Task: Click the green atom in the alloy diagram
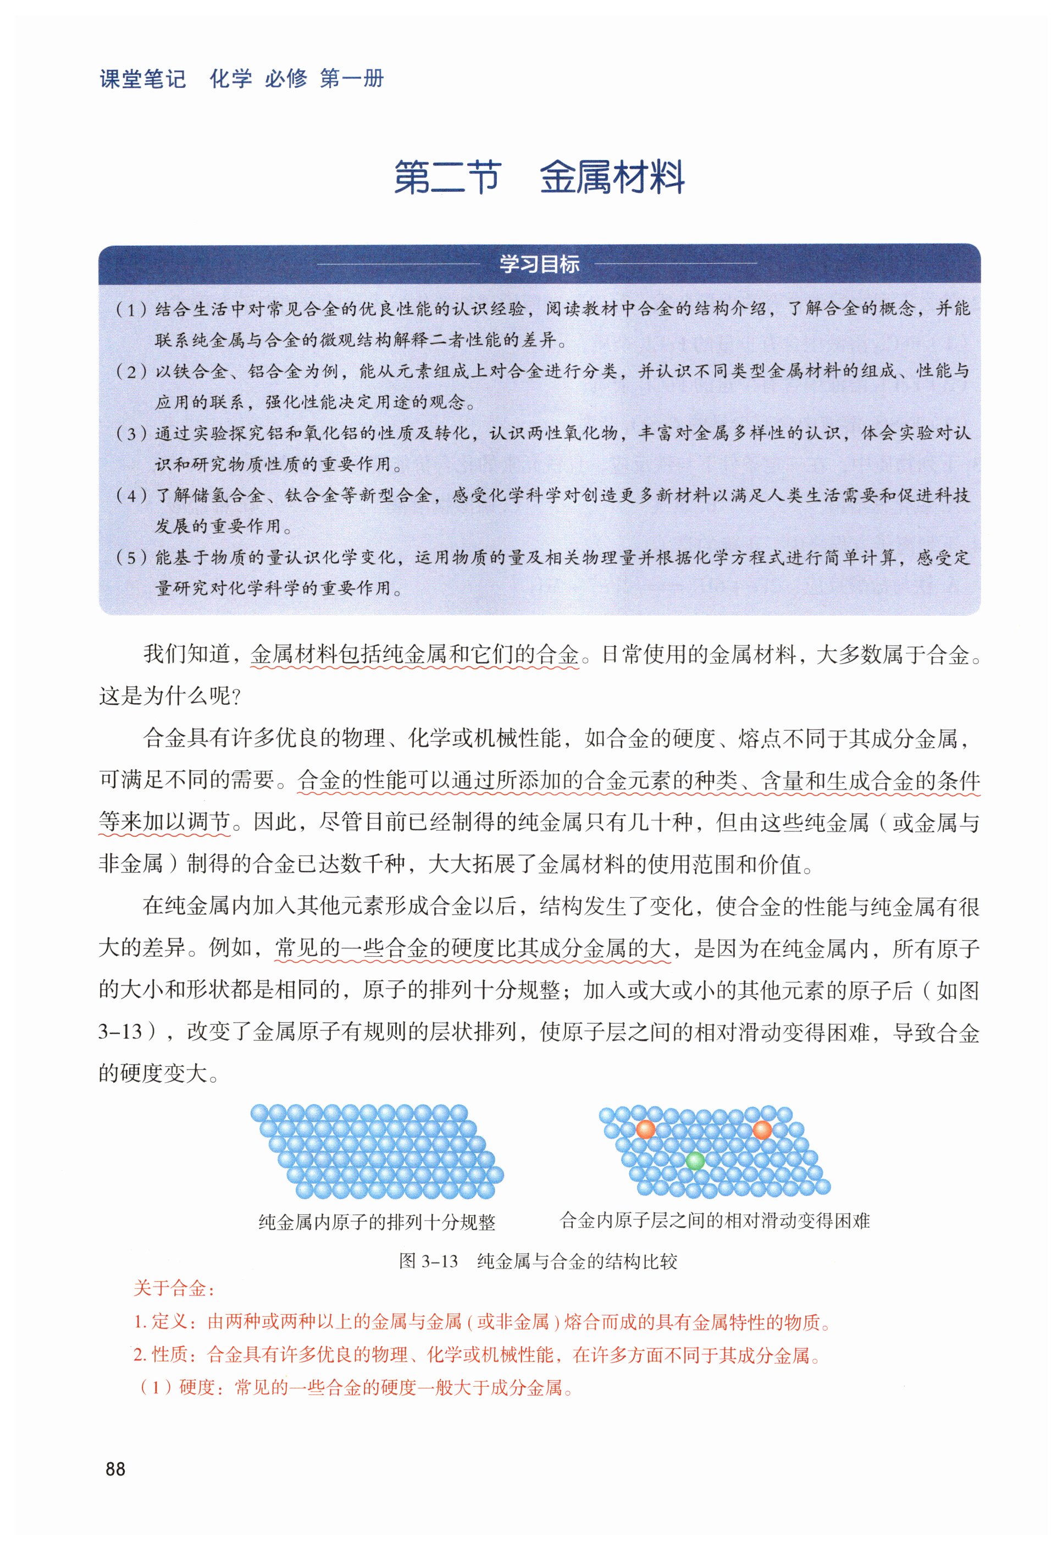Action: click(695, 1161)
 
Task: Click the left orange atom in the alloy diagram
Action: click(645, 1129)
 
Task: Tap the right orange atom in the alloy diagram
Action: click(762, 1129)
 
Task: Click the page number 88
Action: click(115, 1469)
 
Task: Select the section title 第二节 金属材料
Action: click(539, 178)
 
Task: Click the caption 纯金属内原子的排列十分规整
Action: click(377, 1222)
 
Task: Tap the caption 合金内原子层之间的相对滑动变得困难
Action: click(714, 1221)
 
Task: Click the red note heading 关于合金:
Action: click(174, 1288)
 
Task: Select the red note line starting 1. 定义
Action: click(482, 1321)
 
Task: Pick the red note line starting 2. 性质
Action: click(478, 1355)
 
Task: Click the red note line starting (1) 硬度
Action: click(357, 1387)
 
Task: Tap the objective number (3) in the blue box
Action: click(131, 433)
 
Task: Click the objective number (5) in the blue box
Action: click(131, 558)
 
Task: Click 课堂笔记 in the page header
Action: click(143, 79)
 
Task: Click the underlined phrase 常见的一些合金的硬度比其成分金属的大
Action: click(473, 948)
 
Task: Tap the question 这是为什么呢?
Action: click(169, 696)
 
